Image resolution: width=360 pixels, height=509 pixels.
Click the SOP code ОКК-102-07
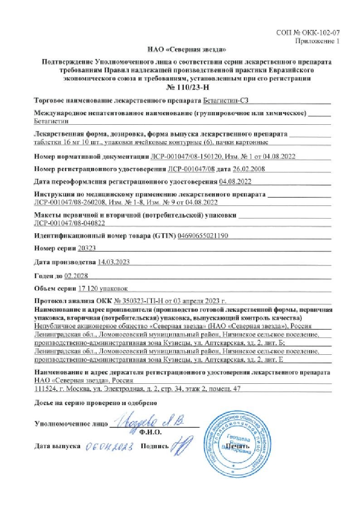321,33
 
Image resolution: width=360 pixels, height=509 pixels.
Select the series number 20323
87,249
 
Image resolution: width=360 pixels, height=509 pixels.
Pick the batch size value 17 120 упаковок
103,288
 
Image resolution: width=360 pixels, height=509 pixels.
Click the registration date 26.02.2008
249,169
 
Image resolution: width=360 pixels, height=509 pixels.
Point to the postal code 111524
45,389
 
